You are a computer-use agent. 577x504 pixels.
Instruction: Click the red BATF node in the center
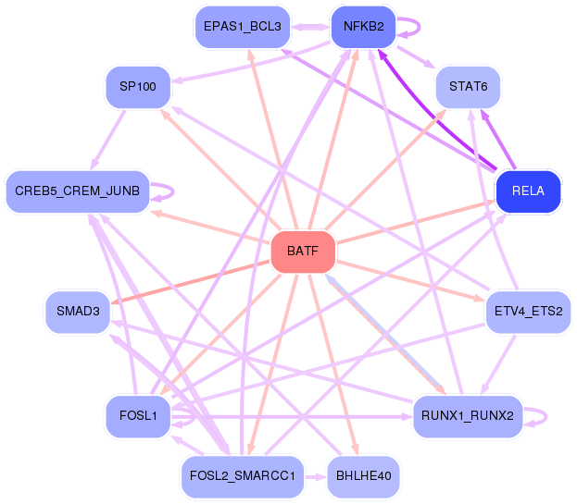click(x=303, y=252)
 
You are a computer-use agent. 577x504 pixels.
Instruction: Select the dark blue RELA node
click(x=528, y=191)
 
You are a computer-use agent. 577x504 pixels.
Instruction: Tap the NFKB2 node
click(x=364, y=27)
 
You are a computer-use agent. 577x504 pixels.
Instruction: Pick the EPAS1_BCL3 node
click(x=243, y=27)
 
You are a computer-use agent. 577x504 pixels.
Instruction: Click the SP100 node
click(x=138, y=87)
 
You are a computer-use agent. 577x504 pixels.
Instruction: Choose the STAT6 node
click(x=468, y=87)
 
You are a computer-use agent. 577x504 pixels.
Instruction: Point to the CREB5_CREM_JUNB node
click(x=78, y=191)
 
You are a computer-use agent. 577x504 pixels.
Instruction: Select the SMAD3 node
click(x=78, y=312)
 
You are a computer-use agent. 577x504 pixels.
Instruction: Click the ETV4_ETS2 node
click(x=528, y=312)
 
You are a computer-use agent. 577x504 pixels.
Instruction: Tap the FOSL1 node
click(x=138, y=416)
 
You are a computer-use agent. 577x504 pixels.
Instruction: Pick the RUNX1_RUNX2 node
click(x=468, y=416)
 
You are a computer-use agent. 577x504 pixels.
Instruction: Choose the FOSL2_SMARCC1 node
click(x=243, y=476)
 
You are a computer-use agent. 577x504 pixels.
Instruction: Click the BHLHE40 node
click(x=364, y=476)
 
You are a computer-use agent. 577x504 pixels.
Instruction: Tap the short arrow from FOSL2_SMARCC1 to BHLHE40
click(x=316, y=477)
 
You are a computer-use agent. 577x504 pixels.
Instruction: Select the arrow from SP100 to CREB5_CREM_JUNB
click(x=107, y=140)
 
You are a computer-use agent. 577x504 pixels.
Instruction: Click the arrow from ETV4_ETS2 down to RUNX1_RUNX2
click(x=498, y=364)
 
